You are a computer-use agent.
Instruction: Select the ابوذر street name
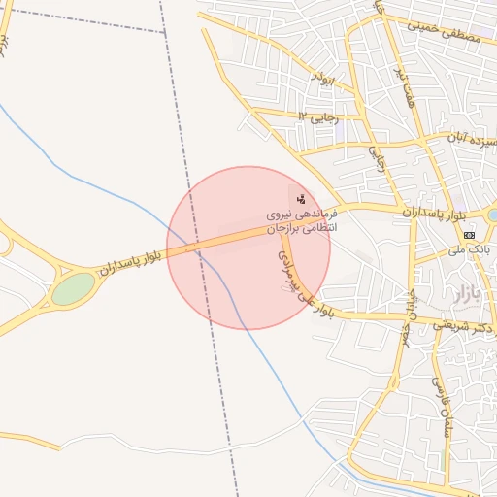coord(321,79)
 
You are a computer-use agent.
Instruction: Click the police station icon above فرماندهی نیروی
coord(300,198)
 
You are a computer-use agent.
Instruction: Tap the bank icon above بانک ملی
coord(470,234)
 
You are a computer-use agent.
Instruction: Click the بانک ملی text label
coord(468,249)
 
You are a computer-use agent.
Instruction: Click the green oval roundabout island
coord(73,288)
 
